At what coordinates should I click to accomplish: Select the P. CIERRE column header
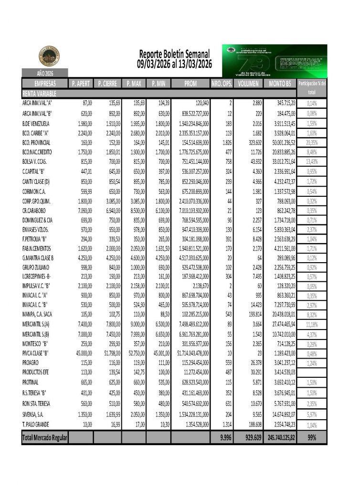coord(107,84)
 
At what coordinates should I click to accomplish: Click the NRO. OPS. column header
coord(222,84)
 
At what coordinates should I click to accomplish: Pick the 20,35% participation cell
coord(311,142)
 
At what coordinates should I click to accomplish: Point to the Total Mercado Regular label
coord(45,437)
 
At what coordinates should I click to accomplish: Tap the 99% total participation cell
coord(311,437)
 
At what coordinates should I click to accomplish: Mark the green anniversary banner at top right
coord(275,61)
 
